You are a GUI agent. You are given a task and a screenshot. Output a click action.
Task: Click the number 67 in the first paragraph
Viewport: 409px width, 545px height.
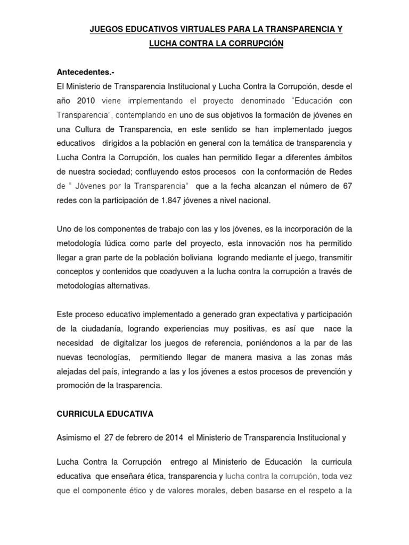347,186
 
